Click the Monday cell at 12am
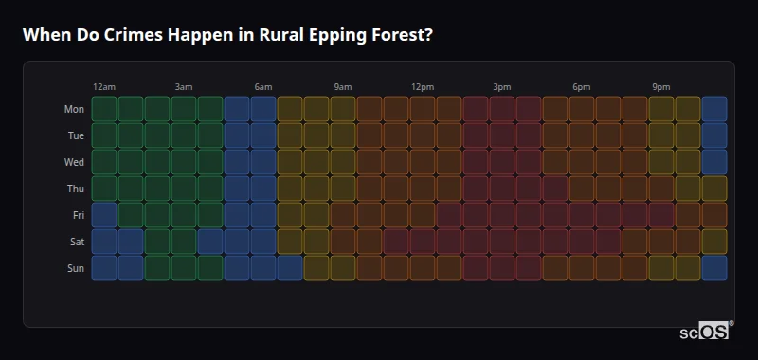pos(104,109)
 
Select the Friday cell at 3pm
pos(502,215)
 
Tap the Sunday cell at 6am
pos(263,268)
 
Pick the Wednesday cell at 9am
pos(343,162)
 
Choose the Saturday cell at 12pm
pos(423,242)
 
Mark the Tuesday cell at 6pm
pos(582,135)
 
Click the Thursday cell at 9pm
pos(661,189)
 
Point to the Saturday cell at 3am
pos(184,242)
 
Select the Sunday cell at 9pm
pos(661,268)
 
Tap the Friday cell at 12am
pos(104,215)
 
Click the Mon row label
pos(74,109)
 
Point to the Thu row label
pos(75,189)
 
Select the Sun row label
pos(75,268)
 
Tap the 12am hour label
pos(104,87)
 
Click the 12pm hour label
pos(423,87)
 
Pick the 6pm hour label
pos(582,87)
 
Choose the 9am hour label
pos(343,87)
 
